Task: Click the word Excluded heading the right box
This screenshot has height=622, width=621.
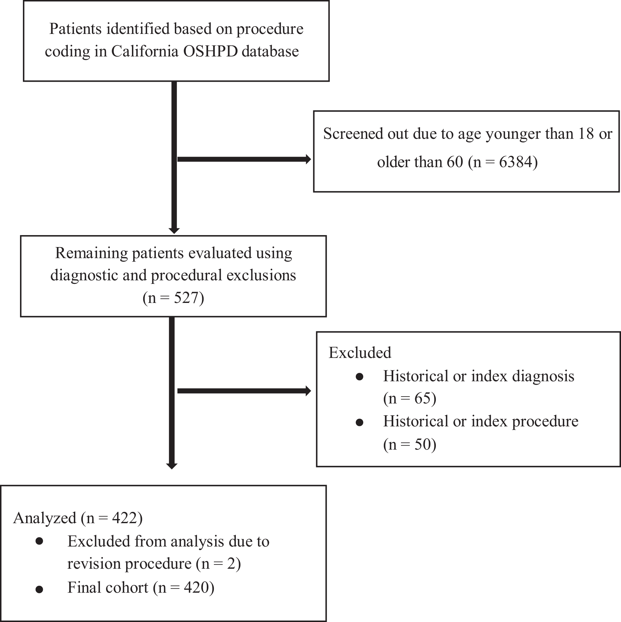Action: point(360,352)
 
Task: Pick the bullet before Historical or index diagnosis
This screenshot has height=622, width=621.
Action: point(359,377)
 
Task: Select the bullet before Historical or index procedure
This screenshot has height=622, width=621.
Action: point(359,422)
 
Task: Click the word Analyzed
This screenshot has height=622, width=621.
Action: point(45,518)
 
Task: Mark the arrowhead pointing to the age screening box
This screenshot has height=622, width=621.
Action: point(308,159)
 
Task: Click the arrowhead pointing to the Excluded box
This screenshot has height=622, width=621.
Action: point(308,391)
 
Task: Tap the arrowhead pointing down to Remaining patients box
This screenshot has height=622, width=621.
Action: point(174,231)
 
